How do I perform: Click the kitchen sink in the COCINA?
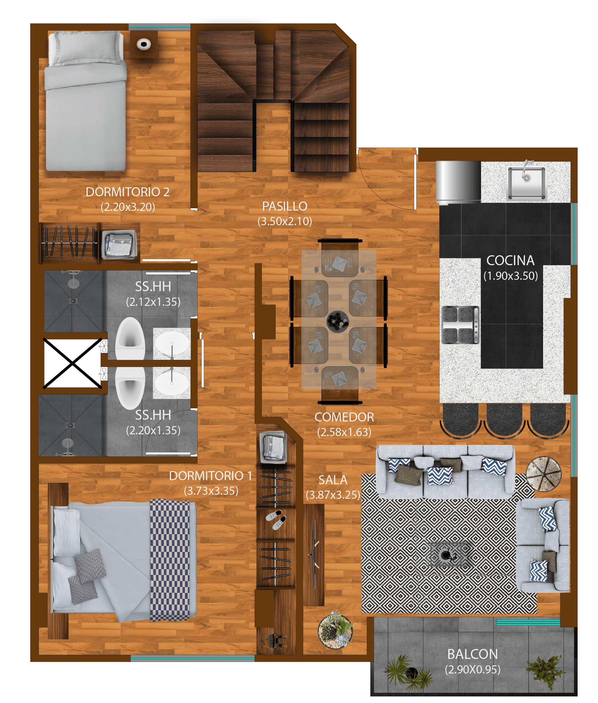[526, 183]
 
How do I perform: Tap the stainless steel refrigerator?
[458, 182]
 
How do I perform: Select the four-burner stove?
[460, 324]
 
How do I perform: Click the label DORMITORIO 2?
[127, 192]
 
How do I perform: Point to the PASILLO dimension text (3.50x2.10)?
[285, 221]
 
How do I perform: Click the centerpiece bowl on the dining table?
[338, 320]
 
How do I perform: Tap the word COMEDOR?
[344, 417]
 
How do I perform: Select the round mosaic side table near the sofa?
[543, 474]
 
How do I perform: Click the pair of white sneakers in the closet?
[276, 519]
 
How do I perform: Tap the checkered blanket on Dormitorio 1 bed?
[170, 560]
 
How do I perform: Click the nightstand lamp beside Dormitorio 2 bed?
[144, 44]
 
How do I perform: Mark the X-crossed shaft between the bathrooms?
[72, 363]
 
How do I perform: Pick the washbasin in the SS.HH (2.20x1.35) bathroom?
[172, 383]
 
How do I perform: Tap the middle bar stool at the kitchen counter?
[504, 420]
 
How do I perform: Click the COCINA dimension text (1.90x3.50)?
[511, 276]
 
